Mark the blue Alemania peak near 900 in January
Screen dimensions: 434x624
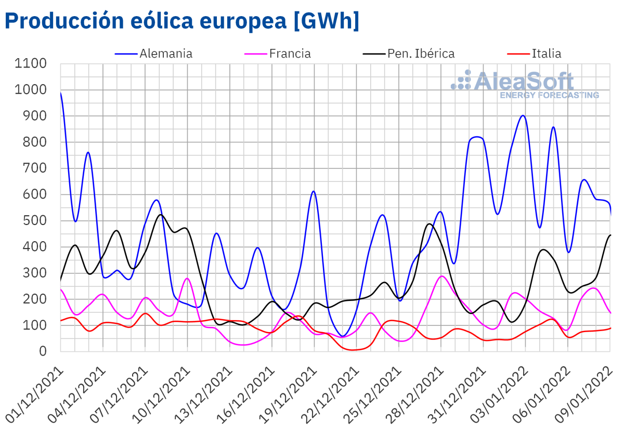coord(523,115)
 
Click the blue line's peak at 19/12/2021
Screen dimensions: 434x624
coord(314,191)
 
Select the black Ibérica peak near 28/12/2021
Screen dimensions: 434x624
coord(430,224)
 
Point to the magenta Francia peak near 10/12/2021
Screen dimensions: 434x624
coord(187,279)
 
